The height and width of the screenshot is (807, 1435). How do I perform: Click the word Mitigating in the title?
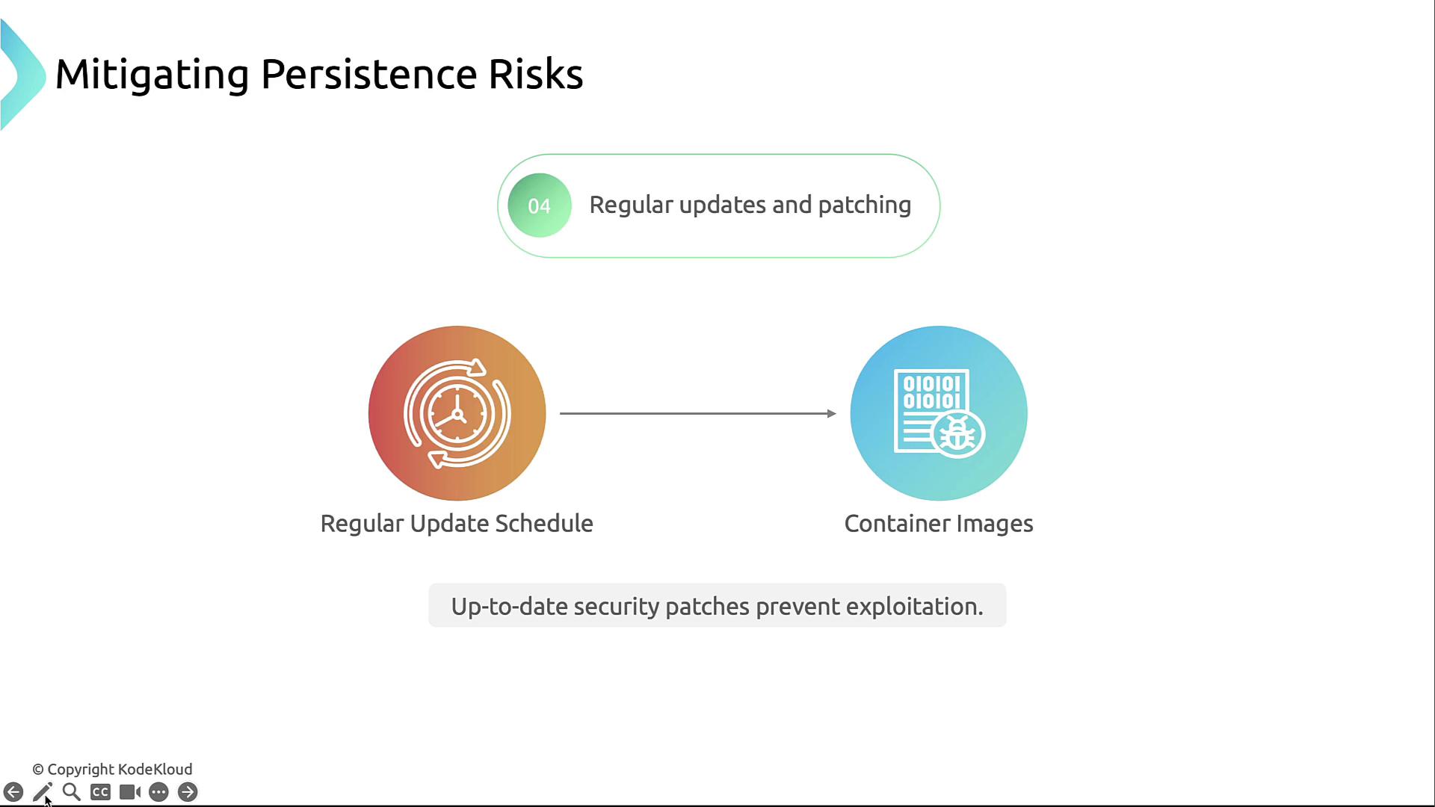(x=152, y=75)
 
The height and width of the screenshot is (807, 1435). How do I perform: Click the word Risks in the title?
(x=535, y=74)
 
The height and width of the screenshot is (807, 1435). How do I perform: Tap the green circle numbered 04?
(x=540, y=205)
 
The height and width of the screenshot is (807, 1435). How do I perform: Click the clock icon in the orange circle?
(x=457, y=413)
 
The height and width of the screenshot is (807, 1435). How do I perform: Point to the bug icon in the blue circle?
(x=958, y=433)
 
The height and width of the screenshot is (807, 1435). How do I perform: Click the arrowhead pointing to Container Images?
(x=831, y=413)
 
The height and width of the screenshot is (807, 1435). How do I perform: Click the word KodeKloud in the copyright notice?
(x=155, y=769)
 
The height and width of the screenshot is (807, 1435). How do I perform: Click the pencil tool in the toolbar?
(x=43, y=792)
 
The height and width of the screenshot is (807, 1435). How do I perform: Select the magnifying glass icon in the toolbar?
(x=72, y=792)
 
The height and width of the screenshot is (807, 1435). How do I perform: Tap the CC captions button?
(x=101, y=792)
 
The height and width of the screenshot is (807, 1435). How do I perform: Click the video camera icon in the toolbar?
(x=130, y=792)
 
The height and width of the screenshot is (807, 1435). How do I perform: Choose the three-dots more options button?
(x=158, y=792)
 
